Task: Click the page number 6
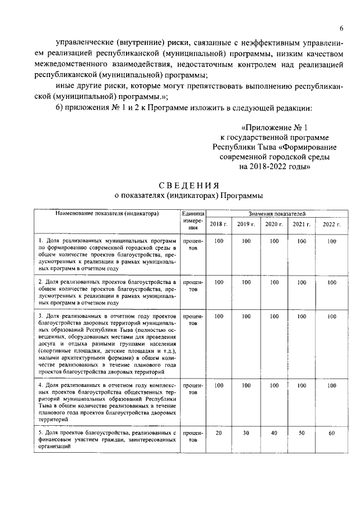341,29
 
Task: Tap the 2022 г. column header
331,224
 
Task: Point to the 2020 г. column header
273,224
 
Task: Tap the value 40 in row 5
274,434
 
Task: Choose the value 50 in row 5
301,434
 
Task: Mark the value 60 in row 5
331,434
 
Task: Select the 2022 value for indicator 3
331,317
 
